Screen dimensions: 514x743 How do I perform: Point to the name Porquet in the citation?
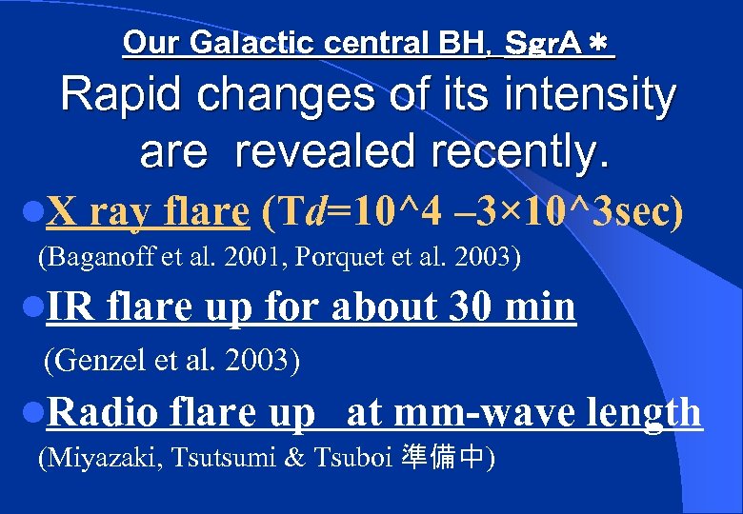point(332,257)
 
